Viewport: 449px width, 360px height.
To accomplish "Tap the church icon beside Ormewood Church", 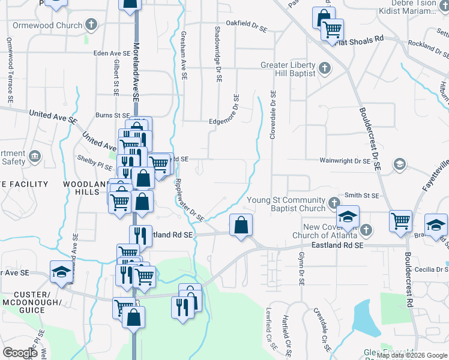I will pos(91,25).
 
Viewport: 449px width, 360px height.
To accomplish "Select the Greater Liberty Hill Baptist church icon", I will pos(324,67).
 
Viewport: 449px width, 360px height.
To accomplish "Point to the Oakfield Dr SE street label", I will pos(246,23).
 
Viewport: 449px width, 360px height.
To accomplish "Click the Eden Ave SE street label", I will pos(112,53).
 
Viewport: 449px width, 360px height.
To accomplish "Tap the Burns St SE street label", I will pos(113,115).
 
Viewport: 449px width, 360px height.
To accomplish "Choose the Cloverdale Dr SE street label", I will pos(273,115).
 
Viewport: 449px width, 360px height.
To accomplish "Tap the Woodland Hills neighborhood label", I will pos(82,187).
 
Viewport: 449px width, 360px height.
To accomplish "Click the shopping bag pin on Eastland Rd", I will pos(241,226).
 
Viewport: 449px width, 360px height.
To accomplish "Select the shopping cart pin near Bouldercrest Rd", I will pos(400,220).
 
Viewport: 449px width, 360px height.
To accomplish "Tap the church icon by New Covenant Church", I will pos(366,230).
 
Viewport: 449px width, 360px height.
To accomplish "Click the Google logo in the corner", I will pos(20,353).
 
